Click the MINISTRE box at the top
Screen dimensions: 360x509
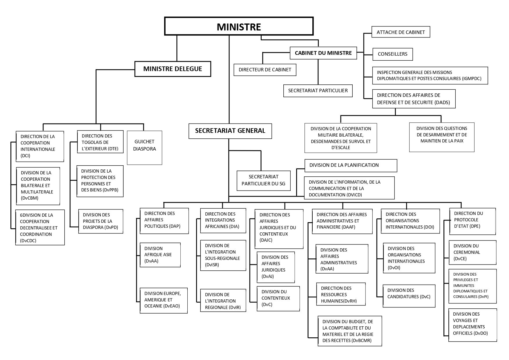tap(239, 26)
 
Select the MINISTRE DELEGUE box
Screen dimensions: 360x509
tap(173, 69)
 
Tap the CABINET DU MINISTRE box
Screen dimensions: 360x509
tap(323, 53)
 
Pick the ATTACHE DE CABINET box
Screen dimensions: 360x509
tap(401, 32)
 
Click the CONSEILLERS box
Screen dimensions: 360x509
tap(392, 54)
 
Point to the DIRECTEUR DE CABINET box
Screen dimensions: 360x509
tap(265, 70)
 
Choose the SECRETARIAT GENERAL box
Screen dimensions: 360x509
tap(230, 131)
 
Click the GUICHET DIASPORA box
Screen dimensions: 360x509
tap(144, 148)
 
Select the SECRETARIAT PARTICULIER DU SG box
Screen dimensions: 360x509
tap(263, 180)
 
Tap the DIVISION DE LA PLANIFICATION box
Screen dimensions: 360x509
tap(350, 165)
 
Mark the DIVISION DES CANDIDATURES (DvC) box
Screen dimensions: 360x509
tap(409, 296)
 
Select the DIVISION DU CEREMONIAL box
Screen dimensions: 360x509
tap(472, 252)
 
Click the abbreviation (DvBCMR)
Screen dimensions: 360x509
tap(361, 341)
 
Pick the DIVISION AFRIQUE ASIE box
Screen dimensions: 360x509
tap(160, 255)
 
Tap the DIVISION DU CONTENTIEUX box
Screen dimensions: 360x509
tap(278, 298)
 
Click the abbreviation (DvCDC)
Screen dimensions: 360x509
tap(28, 241)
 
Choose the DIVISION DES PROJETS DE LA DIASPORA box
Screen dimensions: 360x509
tap(100, 221)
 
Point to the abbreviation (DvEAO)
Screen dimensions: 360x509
tap(172, 306)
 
